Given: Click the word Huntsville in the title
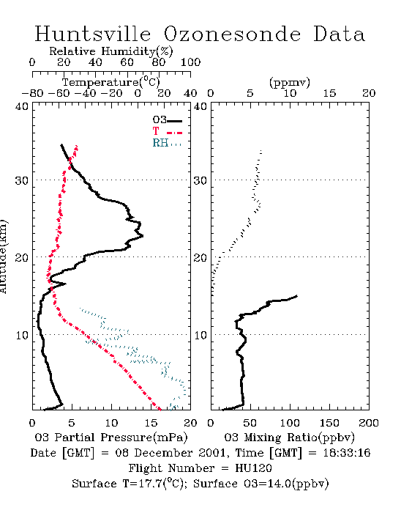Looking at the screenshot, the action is click(93, 34).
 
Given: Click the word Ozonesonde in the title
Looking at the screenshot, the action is click(232, 34).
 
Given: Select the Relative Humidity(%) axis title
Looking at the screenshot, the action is click(111, 51).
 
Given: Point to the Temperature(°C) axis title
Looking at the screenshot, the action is click(111, 82).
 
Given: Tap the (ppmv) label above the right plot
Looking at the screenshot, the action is click(290, 82).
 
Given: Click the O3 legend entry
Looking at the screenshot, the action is click(167, 120).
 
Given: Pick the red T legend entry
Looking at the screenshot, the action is click(167, 131).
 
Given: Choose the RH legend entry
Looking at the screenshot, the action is click(167, 143).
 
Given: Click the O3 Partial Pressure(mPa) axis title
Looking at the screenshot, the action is click(111, 438).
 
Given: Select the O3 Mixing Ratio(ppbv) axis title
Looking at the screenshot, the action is click(289, 438).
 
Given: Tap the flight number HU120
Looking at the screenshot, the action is click(253, 468).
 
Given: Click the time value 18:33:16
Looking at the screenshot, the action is click(347, 453).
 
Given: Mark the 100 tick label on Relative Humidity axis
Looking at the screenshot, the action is click(191, 62).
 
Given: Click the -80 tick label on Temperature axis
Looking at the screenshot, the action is click(32, 94).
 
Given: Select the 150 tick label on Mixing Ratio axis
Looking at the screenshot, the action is click(329, 423).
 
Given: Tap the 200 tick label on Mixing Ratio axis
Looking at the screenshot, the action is click(369, 423).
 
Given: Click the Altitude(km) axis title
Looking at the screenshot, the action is click(3, 256).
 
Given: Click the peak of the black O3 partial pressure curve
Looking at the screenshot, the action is click(143, 235).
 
